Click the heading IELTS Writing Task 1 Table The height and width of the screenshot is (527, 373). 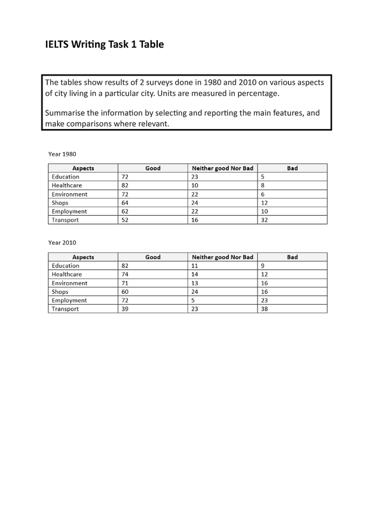pyautogui.click(x=104, y=44)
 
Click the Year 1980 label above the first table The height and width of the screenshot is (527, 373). pyautogui.click(x=62, y=154)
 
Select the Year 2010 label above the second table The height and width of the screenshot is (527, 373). pyautogui.click(x=62, y=243)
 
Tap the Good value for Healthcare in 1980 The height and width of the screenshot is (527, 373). pyautogui.click(x=125, y=186)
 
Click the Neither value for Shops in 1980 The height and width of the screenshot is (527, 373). pyautogui.click(x=195, y=203)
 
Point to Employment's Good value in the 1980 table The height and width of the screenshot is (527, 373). pyautogui.click(x=125, y=212)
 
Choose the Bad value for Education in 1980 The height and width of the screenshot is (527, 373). pyautogui.click(x=263, y=177)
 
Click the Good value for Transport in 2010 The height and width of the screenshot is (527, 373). pyautogui.click(x=125, y=309)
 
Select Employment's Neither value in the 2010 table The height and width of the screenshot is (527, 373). pyautogui.click(x=193, y=301)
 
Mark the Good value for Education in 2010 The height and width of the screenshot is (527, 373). pyautogui.click(x=125, y=266)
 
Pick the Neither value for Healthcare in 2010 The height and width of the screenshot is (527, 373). pyautogui.click(x=195, y=275)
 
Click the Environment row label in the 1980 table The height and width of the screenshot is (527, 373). pyautogui.click(x=69, y=194)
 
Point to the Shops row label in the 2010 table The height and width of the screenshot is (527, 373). pyautogui.click(x=60, y=292)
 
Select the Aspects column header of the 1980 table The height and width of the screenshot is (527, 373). pyautogui.click(x=83, y=168)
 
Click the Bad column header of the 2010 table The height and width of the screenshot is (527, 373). pyautogui.click(x=292, y=257)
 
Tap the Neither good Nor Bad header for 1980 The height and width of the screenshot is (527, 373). pyautogui.click(x=223, y=168)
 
